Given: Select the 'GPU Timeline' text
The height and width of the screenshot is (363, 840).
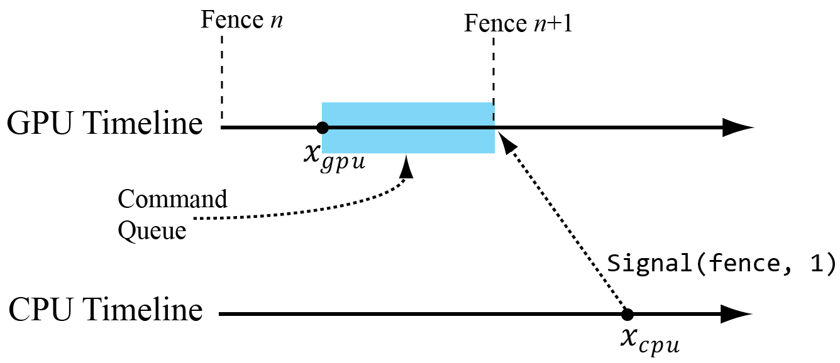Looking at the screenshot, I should point(104,124).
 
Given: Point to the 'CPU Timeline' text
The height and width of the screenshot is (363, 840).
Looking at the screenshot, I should point(104,311).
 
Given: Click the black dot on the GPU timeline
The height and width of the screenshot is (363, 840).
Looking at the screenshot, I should point(322,127).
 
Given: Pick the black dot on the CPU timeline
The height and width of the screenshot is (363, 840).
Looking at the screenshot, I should point(626,314).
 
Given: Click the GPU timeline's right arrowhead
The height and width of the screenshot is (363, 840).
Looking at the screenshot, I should point(737,127).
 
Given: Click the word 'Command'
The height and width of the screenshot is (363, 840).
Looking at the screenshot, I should point(173,200).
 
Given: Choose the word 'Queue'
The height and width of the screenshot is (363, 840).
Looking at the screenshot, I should point(152,231).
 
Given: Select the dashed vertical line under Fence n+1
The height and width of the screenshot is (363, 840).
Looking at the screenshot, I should point(494,69).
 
